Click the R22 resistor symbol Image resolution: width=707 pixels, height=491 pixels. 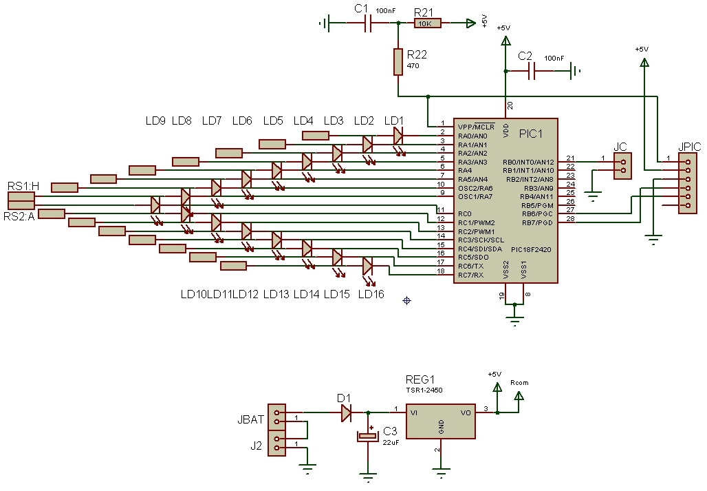(398, 62)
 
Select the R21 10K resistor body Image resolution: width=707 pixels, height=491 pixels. (428, 23)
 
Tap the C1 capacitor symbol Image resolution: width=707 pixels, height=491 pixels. (367, 23)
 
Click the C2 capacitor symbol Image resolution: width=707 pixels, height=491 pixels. (531, 71)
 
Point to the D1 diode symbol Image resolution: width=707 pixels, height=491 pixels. (346, 412)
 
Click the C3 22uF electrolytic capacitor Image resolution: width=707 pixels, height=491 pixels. (368, 436)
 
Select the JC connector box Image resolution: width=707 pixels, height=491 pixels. (622, 166)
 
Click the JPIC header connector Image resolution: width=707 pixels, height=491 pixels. (688, 183)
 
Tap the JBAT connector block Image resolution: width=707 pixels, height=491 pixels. (276, 417)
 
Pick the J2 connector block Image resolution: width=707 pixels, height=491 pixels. (276, 443)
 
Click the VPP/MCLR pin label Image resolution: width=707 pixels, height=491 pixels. (476, 127)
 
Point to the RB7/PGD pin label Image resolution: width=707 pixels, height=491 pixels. (537, 222)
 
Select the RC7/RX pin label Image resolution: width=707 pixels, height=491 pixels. (470, 275)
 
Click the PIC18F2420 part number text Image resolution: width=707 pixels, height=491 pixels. (531, 249)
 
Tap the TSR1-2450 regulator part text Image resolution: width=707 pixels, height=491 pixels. (424, 390)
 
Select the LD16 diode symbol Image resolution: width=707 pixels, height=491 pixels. (367, 266)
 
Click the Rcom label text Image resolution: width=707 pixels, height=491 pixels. (519, 383)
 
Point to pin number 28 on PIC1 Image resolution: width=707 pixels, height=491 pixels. (570, 218)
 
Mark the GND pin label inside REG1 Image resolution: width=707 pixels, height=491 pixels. (441, 426)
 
